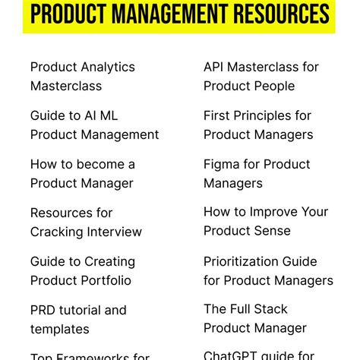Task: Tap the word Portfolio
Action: coord(104,280)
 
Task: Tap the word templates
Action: coord(60,329)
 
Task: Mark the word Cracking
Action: coord(56,232)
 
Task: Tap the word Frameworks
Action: coord(90,355)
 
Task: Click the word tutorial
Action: coord(81,310)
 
